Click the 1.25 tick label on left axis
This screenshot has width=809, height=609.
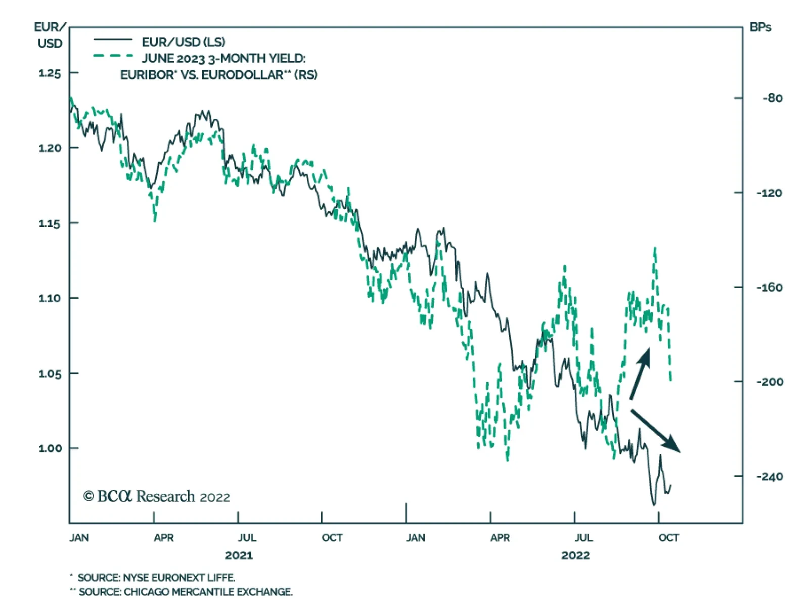tap(50, 73)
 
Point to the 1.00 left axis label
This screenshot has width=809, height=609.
tap(50, 448)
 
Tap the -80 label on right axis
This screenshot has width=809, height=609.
tap(773, 98)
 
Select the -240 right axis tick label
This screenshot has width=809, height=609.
tap(770, 477)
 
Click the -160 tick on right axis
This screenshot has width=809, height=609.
tap(770, 288)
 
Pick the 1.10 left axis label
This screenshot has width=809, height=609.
tap(50, 298)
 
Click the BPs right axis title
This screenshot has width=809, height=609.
tap(760, 27)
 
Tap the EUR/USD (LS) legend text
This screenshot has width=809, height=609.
tap(183, 42)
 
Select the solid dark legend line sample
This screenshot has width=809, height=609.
tap(113, 40)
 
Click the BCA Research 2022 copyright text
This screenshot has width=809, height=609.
tap(157, 497)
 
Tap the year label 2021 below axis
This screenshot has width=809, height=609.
tap(239, 555)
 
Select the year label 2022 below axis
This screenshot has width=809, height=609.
tap(575, 555)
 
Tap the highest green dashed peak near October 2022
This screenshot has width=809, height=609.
tap(655, 248)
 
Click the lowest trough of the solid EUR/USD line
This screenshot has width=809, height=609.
tap(653, 505)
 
